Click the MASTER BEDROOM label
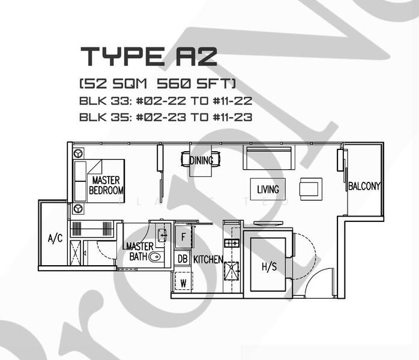[106, 185]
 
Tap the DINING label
[201, 161]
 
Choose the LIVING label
[268, 190]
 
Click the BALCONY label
[364, 187]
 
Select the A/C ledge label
[55, 239]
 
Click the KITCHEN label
[208, 260]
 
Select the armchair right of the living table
[311, 188]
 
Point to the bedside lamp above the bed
[78, 154]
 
